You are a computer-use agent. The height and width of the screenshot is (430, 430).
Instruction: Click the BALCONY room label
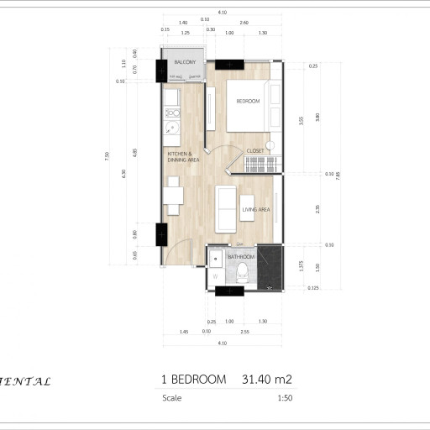click(185, 63)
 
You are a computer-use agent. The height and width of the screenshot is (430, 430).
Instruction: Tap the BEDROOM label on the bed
click(248, 102)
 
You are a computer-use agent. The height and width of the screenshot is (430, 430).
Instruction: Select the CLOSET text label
click(255, 150)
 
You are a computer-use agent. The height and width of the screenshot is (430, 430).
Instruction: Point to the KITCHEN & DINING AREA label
click(181, 157)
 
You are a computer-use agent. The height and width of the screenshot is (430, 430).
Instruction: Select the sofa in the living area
click(225, 209)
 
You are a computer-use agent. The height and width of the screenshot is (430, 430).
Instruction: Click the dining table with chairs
click(173, 196)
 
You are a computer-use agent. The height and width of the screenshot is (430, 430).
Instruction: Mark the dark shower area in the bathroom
click(270, 266)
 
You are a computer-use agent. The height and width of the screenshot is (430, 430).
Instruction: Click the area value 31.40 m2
click(266, 380)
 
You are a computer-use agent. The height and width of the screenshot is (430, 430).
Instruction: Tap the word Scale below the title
click(171, 399)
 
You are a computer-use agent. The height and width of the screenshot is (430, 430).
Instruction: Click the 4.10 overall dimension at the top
click(222, 13)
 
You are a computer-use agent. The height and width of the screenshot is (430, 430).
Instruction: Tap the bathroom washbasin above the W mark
click(215, 257)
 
